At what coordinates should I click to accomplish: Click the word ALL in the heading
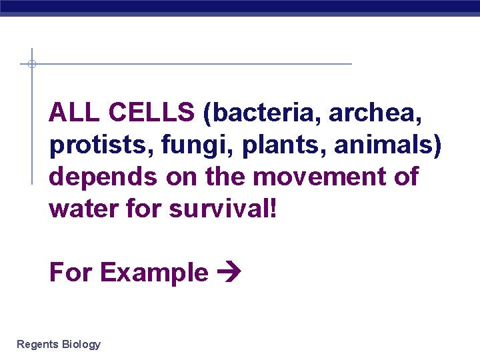(73, 113)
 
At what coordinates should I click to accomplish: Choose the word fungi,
(181, 146)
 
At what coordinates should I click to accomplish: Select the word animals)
(388, 146)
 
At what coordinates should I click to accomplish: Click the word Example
(154, 273)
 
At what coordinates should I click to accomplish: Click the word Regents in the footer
(37, 345)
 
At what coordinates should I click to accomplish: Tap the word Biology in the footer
(81, 345)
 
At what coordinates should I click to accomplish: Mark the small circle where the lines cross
(31, 64)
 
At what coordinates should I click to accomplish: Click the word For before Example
(71, 273)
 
